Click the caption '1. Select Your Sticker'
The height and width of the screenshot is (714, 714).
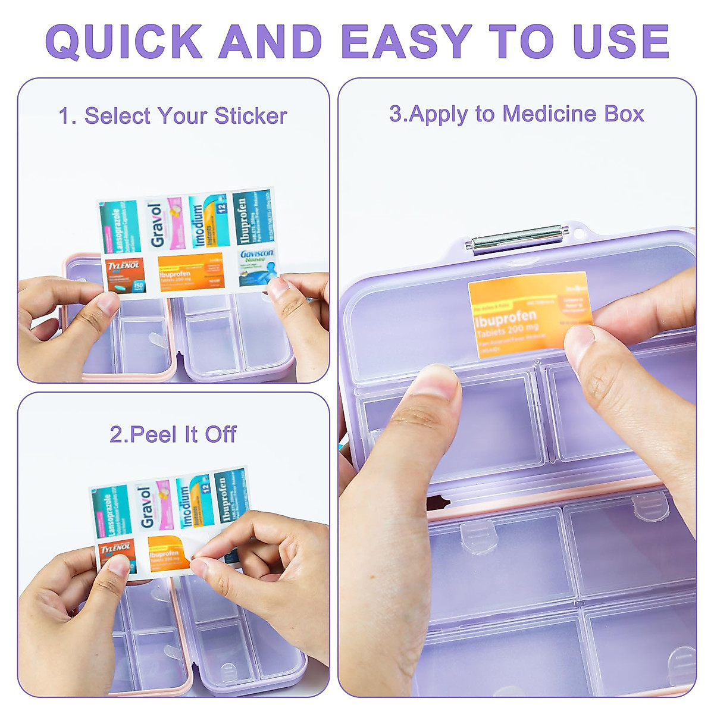pyautogui.click(x=173, y=116)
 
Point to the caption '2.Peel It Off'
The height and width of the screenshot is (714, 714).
pyautogui.click(x=173, y=434)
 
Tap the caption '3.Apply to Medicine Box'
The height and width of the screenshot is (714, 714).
pyautogui.click(x=516, y=114)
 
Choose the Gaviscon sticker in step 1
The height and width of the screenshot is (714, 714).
pyautogui.click(x=257, y=267)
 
